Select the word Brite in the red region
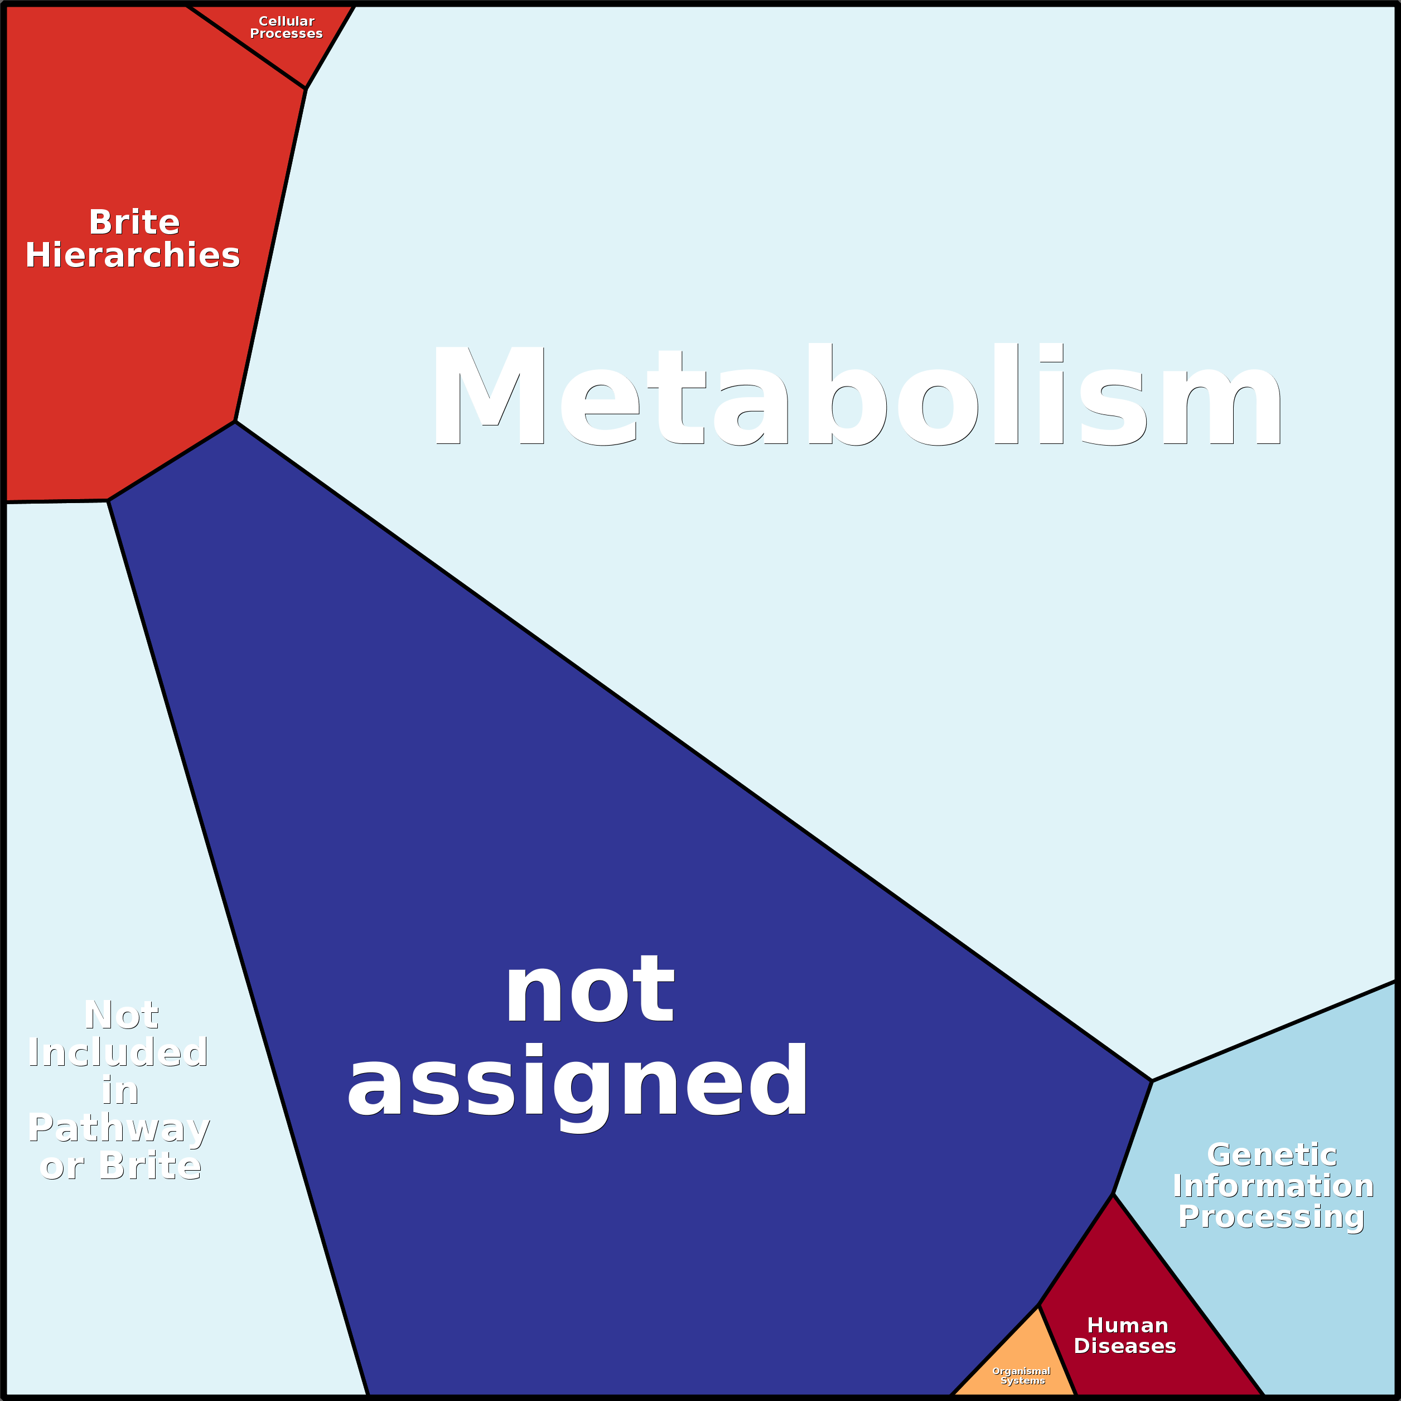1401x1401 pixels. pos(134,222)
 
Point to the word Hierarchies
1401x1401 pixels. pos(133,255)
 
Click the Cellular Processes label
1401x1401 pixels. pos(287,27)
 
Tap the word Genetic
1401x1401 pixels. pos(1272,1155)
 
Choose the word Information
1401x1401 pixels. pos(1273,1186)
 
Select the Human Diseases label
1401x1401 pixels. pos(1125,1335)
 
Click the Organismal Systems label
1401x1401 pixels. pos(1021,1375)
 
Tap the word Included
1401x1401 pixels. pos(118,1052)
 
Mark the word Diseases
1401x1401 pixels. pos(1125,1346)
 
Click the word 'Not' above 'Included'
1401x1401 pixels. pos(121,1014)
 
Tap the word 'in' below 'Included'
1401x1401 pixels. pos(120,1091)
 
